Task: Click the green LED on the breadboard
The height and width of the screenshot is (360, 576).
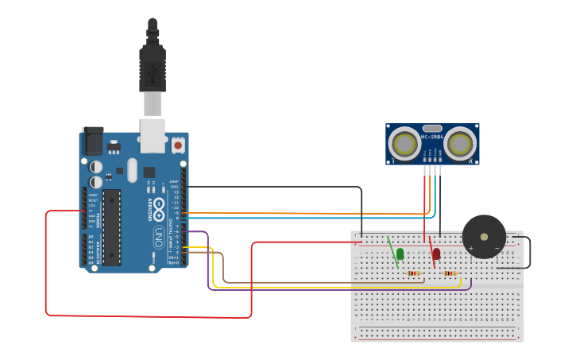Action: click(400, 254)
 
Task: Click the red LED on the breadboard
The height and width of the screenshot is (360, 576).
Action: click(436, 254)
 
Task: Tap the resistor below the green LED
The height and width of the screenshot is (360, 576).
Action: click(413, 273)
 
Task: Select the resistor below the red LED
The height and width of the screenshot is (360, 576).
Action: click(450, 273)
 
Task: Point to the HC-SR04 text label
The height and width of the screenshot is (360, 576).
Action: click(432, 137)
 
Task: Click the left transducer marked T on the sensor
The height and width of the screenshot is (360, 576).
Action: click(406, 145)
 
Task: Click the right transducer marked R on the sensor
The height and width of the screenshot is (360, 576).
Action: click(459, 145)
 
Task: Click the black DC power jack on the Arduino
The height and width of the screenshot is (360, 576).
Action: click(94, 141)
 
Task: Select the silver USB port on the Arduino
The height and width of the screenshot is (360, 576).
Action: click(152, 134)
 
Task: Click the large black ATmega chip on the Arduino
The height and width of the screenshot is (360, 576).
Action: click(111, 226)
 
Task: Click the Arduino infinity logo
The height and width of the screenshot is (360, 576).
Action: click(158, 209)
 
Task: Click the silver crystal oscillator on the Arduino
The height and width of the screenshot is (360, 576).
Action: click(131, 169)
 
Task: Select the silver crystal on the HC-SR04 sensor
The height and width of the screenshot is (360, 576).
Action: click(432, 128)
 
